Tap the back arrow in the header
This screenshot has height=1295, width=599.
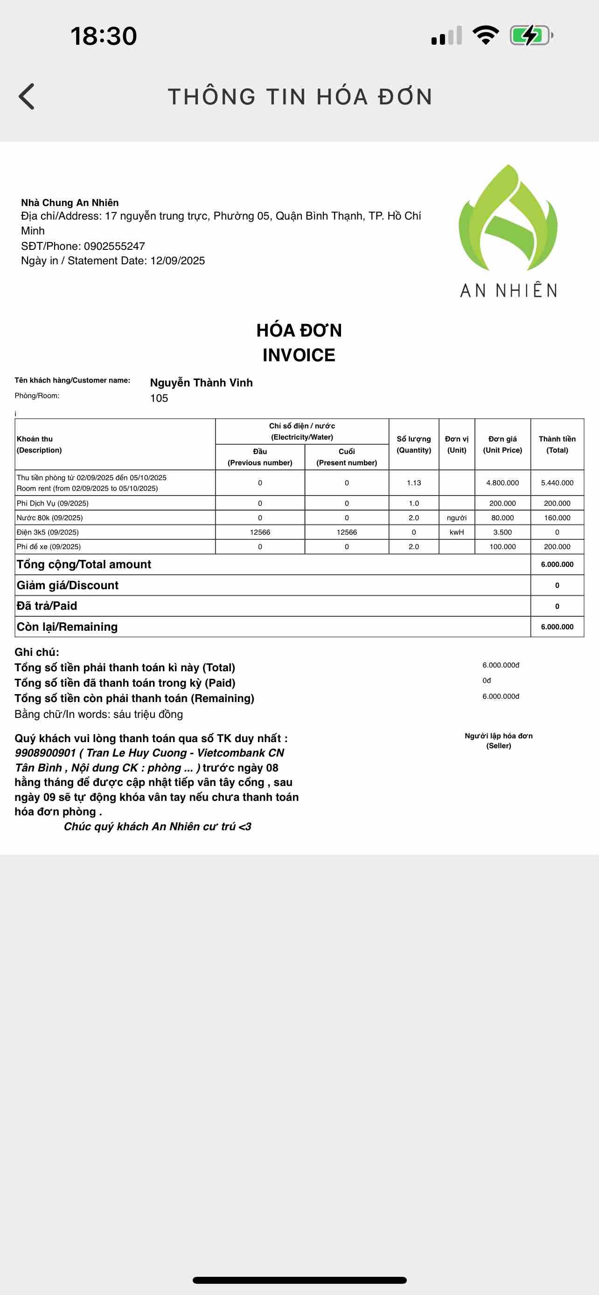point(27,96)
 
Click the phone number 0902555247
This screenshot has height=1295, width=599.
point(114,246)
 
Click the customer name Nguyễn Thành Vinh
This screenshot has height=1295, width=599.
point(201,383)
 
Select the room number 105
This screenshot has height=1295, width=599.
point(159,399)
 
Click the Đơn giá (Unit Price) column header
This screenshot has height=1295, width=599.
point(502,444)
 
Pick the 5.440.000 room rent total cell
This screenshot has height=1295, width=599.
point(557,483)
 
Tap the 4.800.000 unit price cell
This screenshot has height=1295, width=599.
point(502,483)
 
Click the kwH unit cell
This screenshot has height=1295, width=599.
point(457,532)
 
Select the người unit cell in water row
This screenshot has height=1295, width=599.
point(457,518)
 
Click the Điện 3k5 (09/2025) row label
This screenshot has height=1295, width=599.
point(48,532)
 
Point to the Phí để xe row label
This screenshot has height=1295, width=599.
point(49,547)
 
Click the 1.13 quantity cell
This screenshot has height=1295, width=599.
point(414,483)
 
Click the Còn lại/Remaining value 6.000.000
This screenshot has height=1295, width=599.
point(557,627)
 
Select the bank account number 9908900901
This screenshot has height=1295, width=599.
point(45,753)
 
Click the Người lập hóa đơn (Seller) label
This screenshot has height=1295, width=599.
point(498,741)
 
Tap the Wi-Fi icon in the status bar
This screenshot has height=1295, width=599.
point(485,35)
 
